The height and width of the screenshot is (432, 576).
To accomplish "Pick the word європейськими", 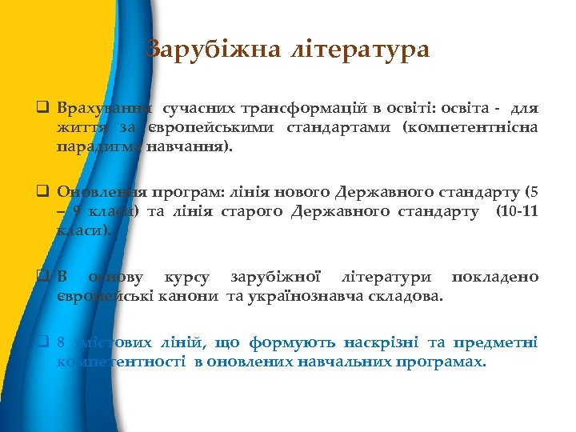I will (x=206, y=127).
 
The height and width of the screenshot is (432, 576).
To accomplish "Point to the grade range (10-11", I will (x=517, y=211).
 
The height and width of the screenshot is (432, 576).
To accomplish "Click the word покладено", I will (x=495, y=278).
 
